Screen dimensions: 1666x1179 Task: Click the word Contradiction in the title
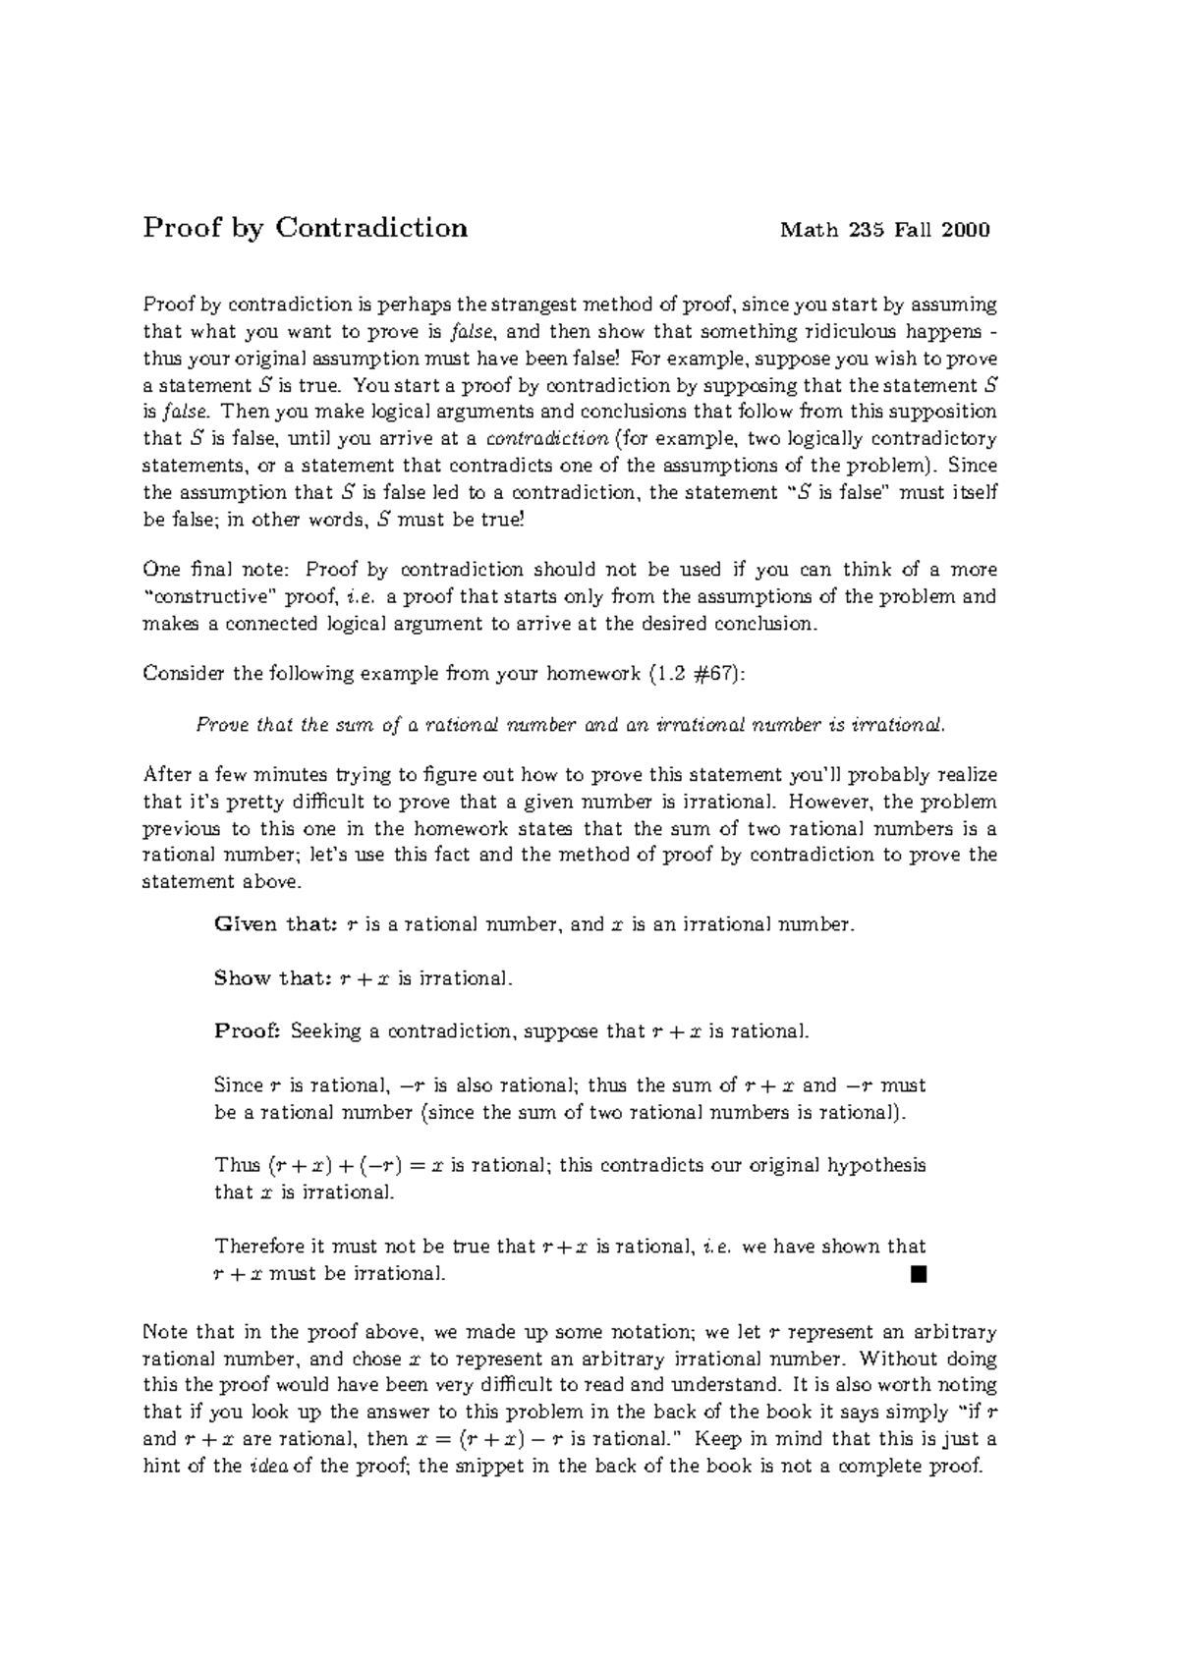click(x=371, y=228)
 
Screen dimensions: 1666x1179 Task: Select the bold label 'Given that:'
click(x=276, y=925)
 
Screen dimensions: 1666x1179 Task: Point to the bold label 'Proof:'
click(x=248, y=1031)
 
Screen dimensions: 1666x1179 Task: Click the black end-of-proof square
click(x=919, y=1275)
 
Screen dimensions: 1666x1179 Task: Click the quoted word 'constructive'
click(x=210, y=597)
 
